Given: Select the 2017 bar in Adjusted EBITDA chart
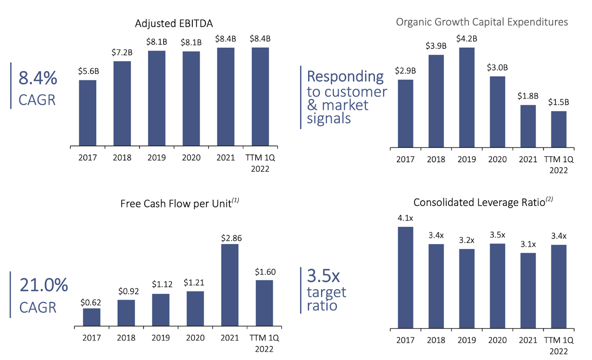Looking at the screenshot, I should pos(87,113).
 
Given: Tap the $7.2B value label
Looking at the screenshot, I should pos(122,52).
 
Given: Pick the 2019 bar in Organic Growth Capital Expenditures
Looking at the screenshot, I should pos(467,98).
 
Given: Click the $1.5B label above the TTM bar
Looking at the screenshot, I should pos(558,102).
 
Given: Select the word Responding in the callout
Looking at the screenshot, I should pos(345,76).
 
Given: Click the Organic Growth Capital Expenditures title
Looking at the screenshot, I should pos(482,22).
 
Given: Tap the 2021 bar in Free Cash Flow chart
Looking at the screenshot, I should pos(230,285).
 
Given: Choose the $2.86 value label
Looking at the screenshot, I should pos(230,238).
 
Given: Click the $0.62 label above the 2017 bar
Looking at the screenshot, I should pos(91,302).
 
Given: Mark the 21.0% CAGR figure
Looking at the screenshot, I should pos(43,286).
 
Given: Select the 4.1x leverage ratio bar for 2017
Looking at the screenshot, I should pos(406,277).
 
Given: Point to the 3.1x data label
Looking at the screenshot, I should pos(527,244).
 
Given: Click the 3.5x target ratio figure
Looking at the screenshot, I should pos(323,276).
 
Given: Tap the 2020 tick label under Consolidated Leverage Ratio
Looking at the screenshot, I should pos(497,341).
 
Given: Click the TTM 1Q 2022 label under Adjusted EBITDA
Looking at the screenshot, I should pos(260,163).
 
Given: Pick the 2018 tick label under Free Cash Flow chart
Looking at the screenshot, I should pos(126,338).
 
